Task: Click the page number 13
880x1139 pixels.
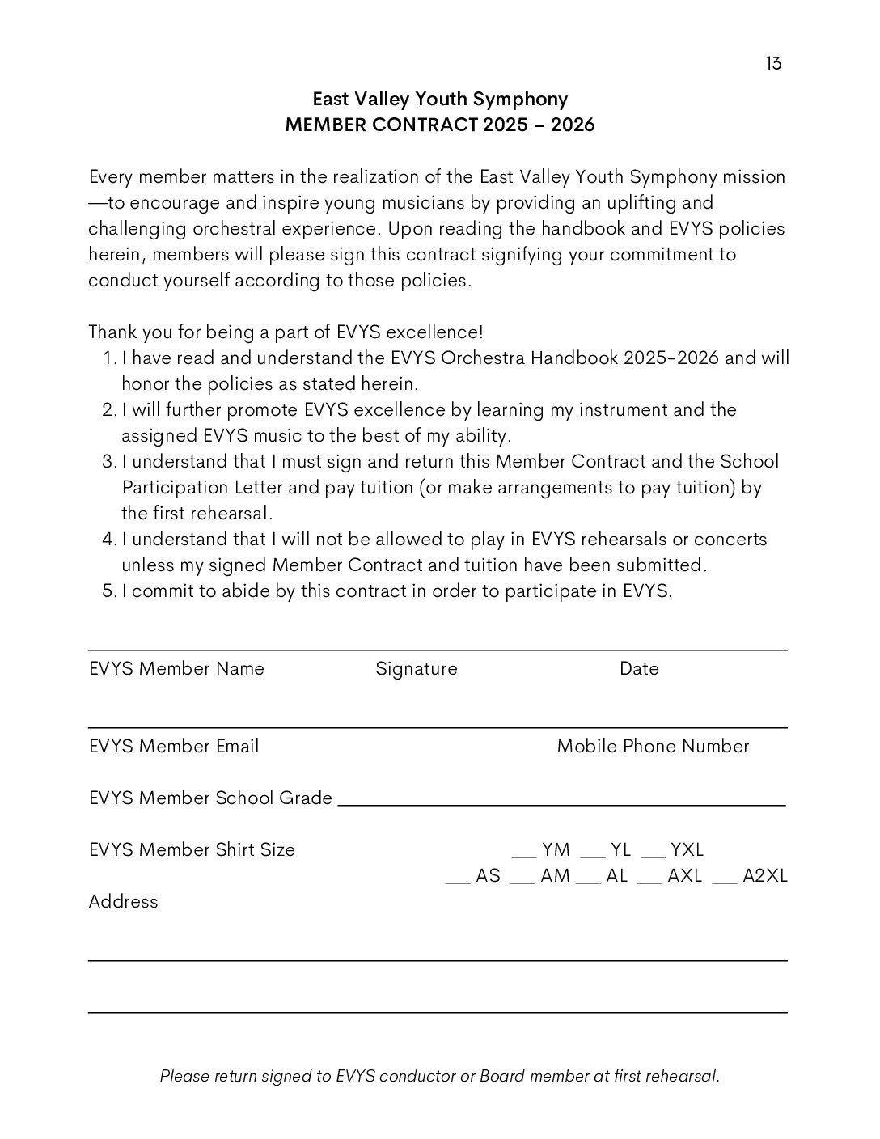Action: coord(773,64)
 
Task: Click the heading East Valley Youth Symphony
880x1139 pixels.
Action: coord(440,99)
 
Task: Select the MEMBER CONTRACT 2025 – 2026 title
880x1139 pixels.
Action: coord(440,125)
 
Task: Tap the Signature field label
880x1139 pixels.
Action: coord(417,669)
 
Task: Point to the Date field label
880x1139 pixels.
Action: coord(639,669)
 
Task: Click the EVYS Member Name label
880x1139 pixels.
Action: coord(176,669)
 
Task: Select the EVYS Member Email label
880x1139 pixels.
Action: coord(174,747)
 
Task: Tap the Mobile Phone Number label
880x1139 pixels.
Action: coord(653,747)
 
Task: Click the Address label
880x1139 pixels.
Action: coord(123,902)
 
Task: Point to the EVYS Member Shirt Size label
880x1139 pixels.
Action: coord(192,850)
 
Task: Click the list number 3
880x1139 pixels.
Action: coord(110,462)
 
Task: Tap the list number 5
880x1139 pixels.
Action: coord(110,591)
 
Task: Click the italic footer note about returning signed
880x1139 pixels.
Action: coord(439,1077)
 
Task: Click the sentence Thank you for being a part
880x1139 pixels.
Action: coord(286,332)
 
